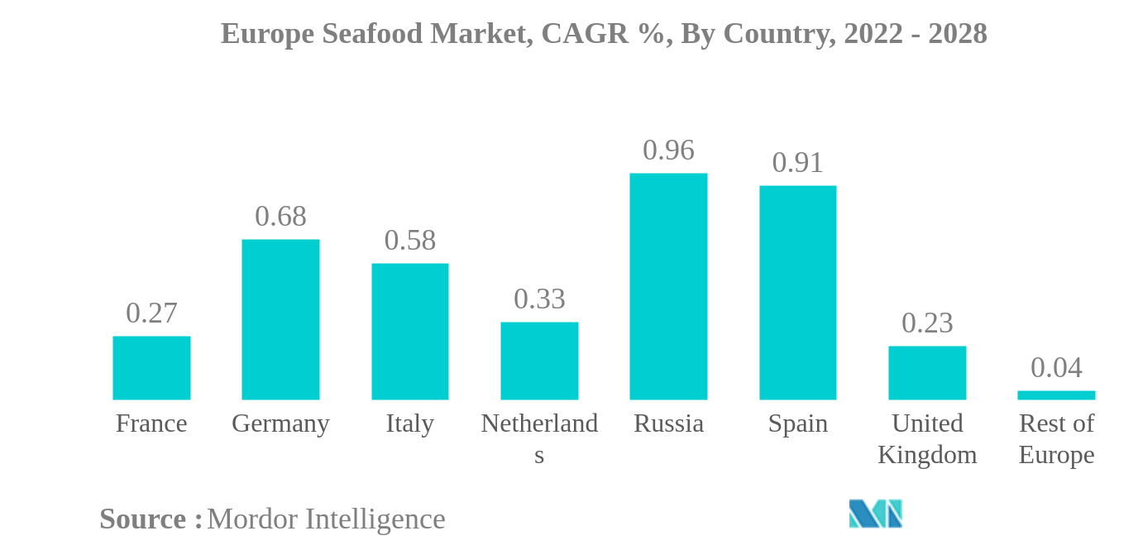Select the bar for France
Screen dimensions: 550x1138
click(x=151, y=368)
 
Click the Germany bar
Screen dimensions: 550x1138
click(x=280, y=319)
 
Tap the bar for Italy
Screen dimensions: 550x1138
click(x=410, y=332)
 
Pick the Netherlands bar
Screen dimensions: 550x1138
click(x=539, y=361)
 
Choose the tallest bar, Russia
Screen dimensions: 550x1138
click(x=668, y=286)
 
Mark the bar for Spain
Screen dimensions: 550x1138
click(x=798, y=293)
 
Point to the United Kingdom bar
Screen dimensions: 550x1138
click(x=927, y=373)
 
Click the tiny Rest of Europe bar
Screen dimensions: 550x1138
click(x=1056, y=395)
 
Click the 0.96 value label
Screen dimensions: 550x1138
click(x=668, y=151)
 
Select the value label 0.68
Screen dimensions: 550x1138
click(x=280, y=217)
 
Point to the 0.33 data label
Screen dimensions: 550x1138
click(x=539, y=299)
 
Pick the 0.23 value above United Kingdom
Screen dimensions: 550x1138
click(x=927, y=323)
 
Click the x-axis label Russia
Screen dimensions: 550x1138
click(x=668, y=423)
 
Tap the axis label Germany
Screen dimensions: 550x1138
click(x=280, y=423)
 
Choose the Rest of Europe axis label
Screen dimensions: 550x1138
click(x=1056, y=439)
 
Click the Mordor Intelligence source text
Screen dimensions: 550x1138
click(x=326, y=519)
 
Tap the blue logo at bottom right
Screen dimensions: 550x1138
click(x=875, y=514)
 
